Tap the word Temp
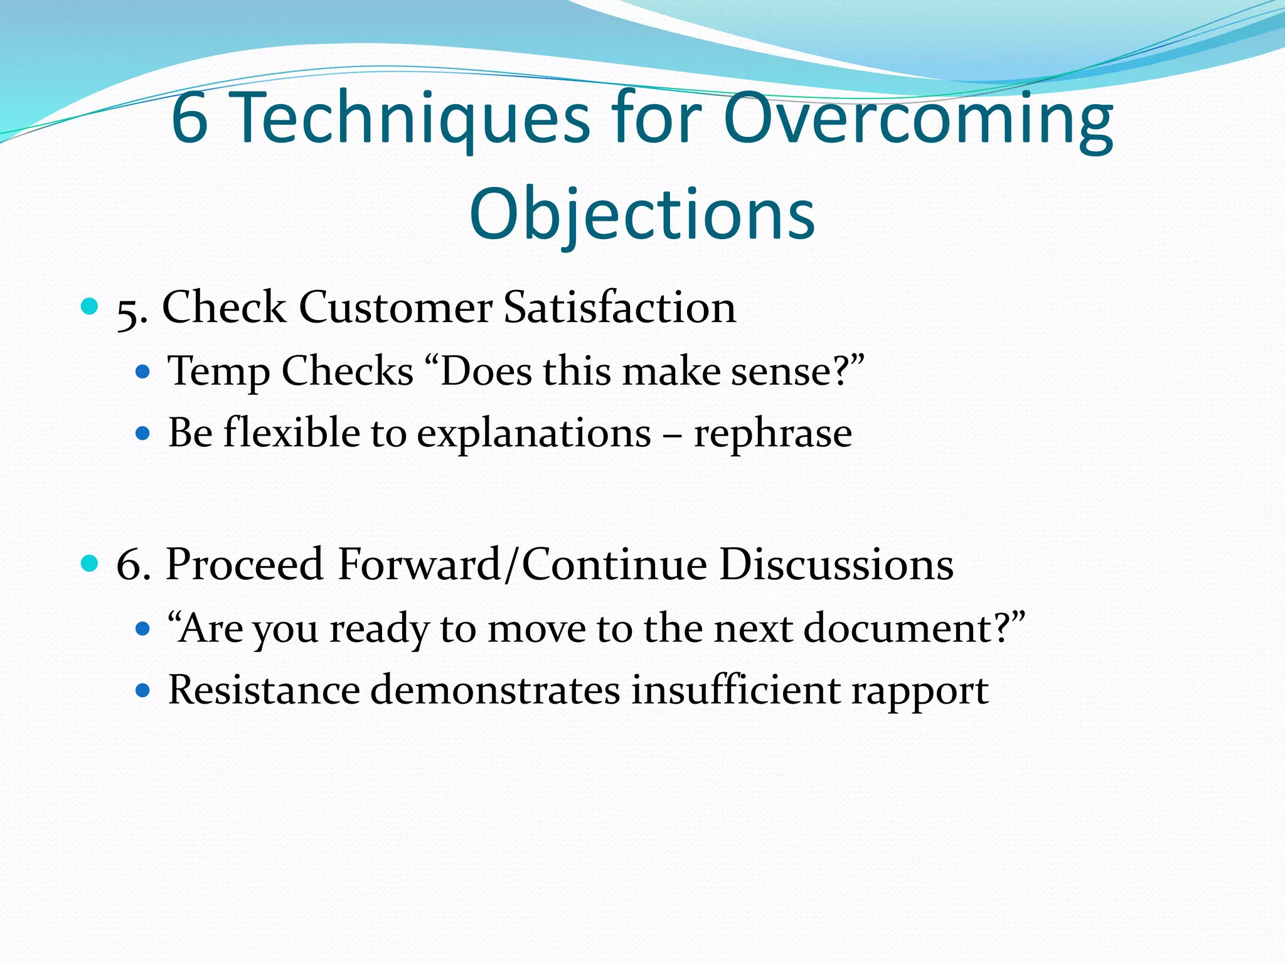pyautogui.click(x=218, y=372)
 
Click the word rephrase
pyautogui.click(x=772, y=434)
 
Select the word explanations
pyautogui.click(x=534, y=434)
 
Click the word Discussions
pyautogui.click(x=836, y=564)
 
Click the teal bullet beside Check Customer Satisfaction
pyautogui.click(x=90, y=307)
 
